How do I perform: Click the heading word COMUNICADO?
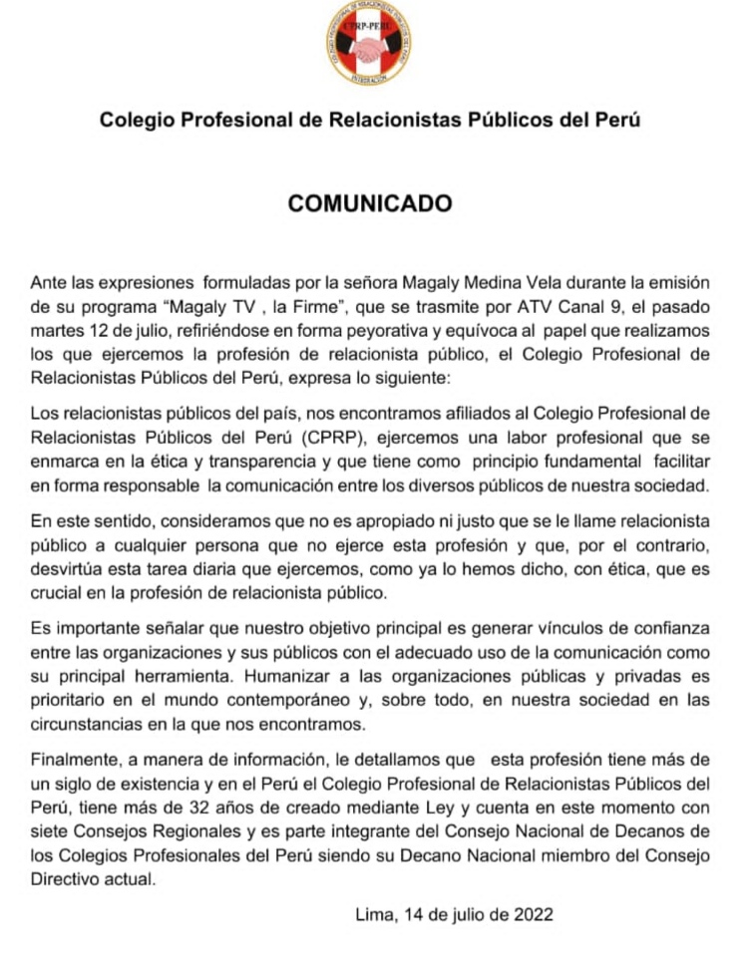point(370,203)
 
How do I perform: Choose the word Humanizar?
point(280,679)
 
